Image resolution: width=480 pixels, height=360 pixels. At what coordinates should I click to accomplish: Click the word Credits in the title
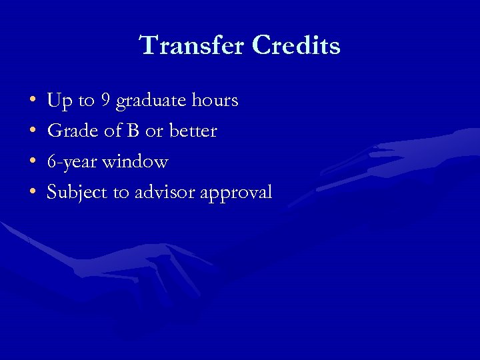(x=297, y=46)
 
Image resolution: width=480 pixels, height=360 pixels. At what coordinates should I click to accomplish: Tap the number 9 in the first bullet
(x=105, y=101)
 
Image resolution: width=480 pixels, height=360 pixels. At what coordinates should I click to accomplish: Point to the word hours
(x=213, y=101)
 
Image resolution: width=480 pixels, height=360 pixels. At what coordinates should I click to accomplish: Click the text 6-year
(x=71, y=162)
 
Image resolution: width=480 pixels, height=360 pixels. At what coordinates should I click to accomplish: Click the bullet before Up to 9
(x=33, y=101)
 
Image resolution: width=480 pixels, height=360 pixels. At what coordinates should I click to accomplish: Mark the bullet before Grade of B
(x=33, y=132)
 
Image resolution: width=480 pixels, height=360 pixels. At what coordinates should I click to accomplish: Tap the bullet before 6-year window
(x=33, y=163)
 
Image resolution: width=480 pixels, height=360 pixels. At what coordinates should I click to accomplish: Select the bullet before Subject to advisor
(x=33, y=193)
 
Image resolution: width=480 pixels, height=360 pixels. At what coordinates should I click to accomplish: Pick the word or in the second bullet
(x=153, y=131)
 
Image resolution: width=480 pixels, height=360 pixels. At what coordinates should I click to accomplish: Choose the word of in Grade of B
(x=111, y=131)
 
